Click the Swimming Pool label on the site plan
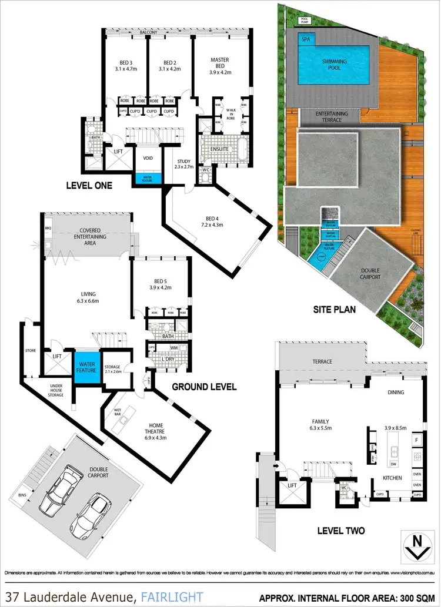click(335, 63)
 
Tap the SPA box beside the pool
click(305, 39)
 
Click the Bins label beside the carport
click(55, 495)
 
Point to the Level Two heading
click(340, 530)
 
